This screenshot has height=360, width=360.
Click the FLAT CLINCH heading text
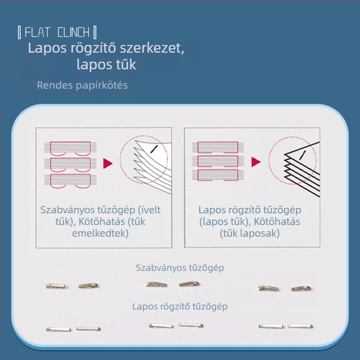coord(57,32)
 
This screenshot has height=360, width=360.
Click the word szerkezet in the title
coord(152,48)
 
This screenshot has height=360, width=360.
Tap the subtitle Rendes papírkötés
coord(82,85)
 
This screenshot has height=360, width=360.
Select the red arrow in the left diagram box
coord(108,163)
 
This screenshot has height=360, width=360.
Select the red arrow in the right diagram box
coord(256,162)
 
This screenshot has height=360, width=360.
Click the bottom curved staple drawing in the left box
coord(70,181)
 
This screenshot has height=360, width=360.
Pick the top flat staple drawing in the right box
coord(218,148)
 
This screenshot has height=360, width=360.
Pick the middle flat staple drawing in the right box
coord(218,161)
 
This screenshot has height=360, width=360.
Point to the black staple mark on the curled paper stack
coord(153,149)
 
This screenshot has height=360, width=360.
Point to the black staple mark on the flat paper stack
coord(302,155)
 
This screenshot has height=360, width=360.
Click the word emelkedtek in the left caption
coord(100,233)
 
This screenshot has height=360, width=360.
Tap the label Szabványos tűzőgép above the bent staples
coord(180,268)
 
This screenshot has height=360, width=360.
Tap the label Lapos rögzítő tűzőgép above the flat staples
coord(180,307)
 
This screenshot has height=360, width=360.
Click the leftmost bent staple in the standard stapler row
coord(55,286)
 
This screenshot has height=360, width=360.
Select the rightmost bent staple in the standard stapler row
coord(301,288)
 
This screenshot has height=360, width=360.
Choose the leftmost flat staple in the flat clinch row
coord(59,329)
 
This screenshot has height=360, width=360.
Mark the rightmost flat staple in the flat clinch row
coord(301,326)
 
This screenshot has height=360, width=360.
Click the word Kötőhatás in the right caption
coord(277,222)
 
